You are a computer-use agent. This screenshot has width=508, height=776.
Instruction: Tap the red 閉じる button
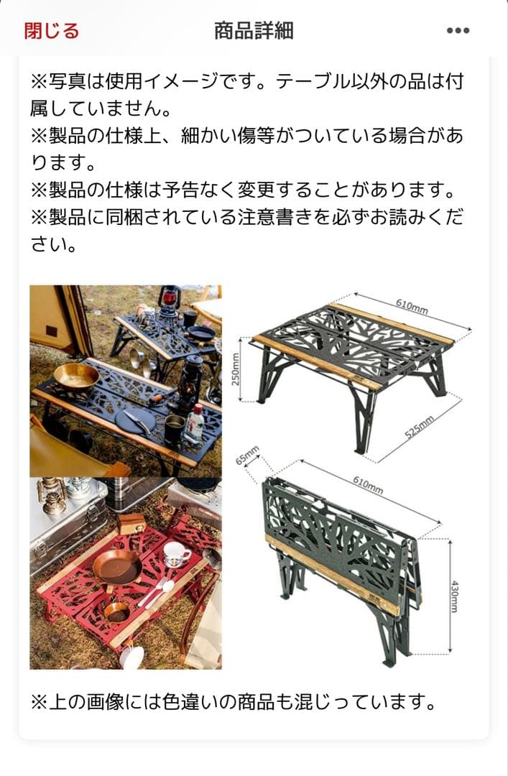51,31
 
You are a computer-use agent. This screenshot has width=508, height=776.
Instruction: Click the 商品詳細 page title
254,31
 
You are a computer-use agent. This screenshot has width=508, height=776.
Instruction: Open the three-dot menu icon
458,31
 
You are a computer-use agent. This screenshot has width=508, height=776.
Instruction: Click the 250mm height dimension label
235,369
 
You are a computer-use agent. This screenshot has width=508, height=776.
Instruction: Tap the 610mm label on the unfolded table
412,307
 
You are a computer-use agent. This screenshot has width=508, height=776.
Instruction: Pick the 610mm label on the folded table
367,485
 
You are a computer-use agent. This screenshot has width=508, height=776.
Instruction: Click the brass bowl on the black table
75,376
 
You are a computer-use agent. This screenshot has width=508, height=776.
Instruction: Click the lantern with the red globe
170,300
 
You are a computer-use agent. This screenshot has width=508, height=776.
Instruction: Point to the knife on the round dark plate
136,420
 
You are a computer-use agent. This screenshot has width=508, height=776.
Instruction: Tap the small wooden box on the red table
131,522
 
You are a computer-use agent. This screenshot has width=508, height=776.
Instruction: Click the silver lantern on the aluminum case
52,496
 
